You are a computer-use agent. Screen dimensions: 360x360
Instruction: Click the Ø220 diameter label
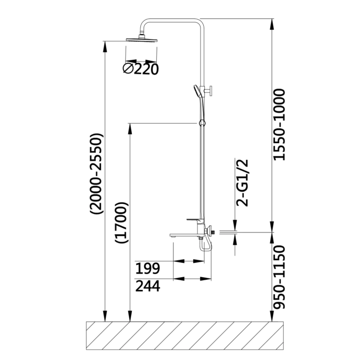140,69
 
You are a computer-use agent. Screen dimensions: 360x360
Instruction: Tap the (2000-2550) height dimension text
96,174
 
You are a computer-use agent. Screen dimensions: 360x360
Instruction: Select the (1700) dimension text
121,223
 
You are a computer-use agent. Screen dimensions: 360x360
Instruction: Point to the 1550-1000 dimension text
279,125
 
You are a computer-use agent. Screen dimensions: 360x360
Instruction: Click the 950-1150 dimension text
279,277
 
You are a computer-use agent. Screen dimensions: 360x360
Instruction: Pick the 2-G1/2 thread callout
243,183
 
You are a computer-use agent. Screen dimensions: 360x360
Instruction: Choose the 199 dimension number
148,268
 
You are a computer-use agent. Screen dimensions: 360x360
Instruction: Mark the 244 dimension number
148,286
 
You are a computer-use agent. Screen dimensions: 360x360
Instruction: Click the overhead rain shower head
142,40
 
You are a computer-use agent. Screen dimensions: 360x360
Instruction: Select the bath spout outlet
173,235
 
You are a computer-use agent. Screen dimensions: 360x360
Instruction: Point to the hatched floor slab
185,336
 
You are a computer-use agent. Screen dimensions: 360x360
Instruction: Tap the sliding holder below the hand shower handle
202,123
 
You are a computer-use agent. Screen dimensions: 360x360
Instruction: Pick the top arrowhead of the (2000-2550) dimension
105,47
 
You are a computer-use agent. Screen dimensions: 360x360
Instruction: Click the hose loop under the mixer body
206,247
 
